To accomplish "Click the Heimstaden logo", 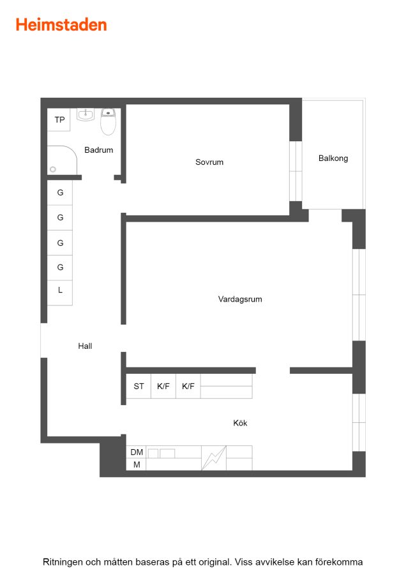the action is (61, 25).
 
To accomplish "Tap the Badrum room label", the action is (98, 150).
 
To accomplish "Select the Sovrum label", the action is (209, 162).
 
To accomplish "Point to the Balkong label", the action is (333, 158).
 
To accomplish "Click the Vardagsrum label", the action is (240, 299).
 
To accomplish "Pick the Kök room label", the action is (240, 423).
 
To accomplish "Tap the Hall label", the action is (85, 346).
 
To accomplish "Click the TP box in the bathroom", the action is (59, 119).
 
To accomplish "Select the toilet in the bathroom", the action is (108, 121).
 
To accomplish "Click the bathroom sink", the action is (86, 114).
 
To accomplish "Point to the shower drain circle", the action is (53, 169).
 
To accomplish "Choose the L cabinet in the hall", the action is (60, 293).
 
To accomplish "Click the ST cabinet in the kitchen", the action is (139, 386).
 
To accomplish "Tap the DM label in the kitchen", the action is (137, 452).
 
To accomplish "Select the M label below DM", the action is (137, 464).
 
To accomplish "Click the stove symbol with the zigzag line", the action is (214, 457).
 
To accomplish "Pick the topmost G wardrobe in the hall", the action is (60, 192).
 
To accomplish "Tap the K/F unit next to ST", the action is (163, 386).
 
